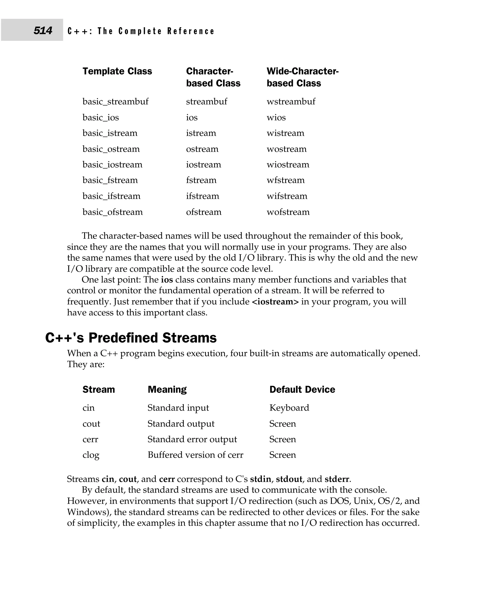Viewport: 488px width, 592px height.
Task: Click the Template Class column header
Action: [x=117, y=71]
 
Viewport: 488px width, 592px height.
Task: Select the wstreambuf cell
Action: [x=291, y=101]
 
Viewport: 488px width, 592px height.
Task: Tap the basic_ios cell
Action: [x=101, y=117]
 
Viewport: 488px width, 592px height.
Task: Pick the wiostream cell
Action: [x=288, y=164]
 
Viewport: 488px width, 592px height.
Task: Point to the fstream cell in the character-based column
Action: [x=201, y=180]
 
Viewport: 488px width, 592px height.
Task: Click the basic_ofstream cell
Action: [x=112, y=212]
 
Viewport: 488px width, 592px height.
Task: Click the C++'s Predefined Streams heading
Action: [x=131, y=338]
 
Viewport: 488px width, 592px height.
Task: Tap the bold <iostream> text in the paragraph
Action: [x=275, y=301]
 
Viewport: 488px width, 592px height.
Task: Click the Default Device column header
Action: [x=302, y=389]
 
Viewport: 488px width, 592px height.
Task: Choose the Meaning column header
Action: [x=167, y=389]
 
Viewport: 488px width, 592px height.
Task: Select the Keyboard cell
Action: [x=289, y=408]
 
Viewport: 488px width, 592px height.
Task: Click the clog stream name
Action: [x=91, y=455]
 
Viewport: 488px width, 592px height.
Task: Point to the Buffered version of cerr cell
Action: [x=195, y=455]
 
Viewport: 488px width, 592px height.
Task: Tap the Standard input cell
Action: [x=178, y=408]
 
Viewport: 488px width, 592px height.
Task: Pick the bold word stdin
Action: [x=260, y=479]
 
